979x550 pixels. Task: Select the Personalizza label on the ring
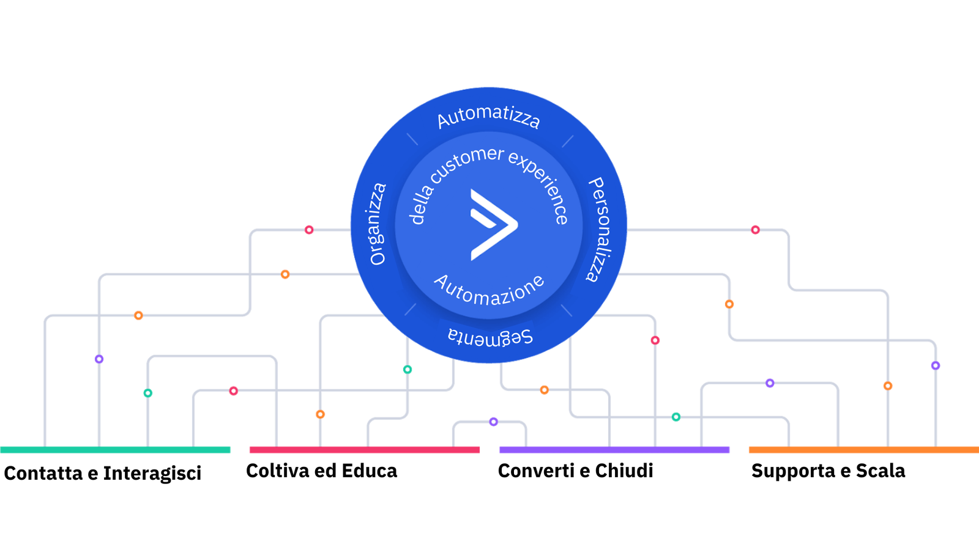(x=599, y=229)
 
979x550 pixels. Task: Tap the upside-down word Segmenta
(x=490, y=337)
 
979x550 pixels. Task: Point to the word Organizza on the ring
(x=378, y=224)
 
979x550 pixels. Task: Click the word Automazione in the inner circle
(x=489, y=290)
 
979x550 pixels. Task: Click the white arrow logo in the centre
(x=493, y=225)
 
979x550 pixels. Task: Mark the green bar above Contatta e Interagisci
(x=115, y=450)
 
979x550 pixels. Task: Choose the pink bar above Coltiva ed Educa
(x=365, y=450)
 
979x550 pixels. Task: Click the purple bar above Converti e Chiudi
(x=614, y=450)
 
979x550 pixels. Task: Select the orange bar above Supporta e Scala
(x=864, y=450)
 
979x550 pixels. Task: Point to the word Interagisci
(x=152, y=474)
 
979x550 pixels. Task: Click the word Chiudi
(x=624, y=471)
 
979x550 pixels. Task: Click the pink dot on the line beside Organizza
(x=309, y=230)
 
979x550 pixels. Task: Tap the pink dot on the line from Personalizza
(x=755, y=230)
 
